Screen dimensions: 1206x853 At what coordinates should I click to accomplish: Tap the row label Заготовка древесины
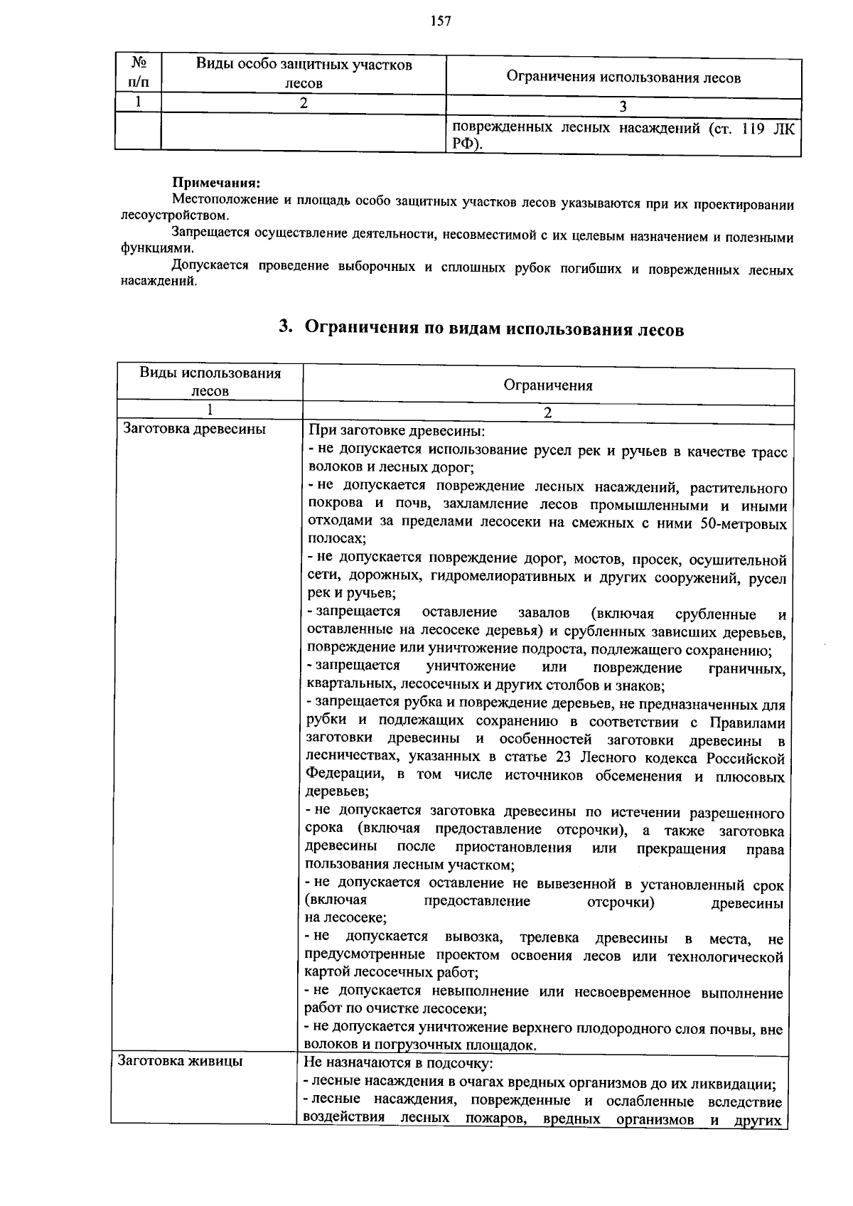[x=195, y=430]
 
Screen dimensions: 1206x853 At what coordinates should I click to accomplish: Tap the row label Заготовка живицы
[x=182, y=1062]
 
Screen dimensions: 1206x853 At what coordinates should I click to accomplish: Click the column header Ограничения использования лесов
[x=623, y=78]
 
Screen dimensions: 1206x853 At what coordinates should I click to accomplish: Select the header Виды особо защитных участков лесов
[x=304, y=74]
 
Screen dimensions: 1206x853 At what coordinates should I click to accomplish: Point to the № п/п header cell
[x=139, y=74]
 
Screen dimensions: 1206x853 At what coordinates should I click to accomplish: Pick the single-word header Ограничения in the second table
[x=547, y=386]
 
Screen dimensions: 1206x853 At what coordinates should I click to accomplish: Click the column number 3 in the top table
[x=623, y=107]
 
